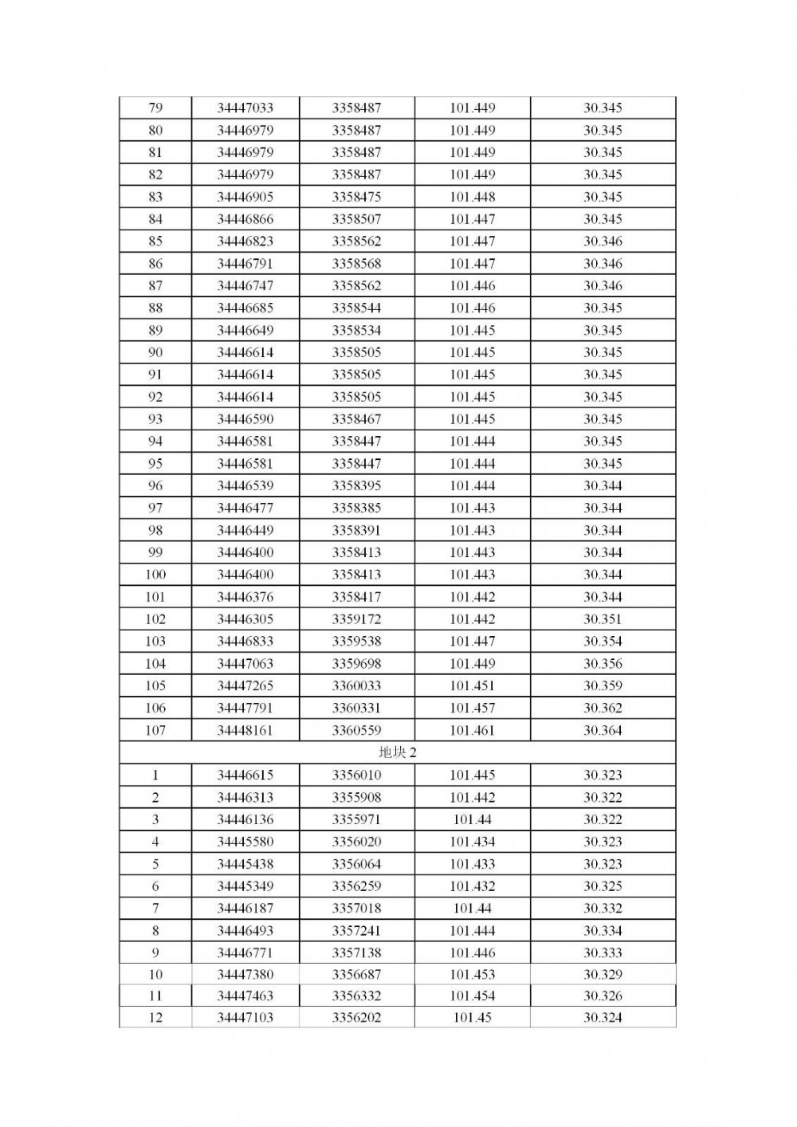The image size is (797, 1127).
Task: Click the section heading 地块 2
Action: pos(397,752)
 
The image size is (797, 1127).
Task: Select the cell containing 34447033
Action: pos(245,108)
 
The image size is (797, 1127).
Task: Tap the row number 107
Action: pos(155,730)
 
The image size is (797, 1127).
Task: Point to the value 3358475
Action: pos(356,197)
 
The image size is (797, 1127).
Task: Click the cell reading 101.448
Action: pos(472,197)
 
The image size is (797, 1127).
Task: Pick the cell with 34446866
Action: pos(245,219)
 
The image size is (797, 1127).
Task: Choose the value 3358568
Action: pos(356,264)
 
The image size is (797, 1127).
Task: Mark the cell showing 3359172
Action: pos(356,619)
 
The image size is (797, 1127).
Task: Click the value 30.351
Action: pos(603,619)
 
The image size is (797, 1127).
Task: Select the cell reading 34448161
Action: pos(245,730)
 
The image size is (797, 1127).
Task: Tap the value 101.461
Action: pos(472,730)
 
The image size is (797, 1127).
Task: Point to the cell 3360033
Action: pos(356,685)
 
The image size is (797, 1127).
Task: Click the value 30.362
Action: pos(603,708)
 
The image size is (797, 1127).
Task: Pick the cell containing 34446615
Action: pos(245,775)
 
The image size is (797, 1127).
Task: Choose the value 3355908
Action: pos(356,797)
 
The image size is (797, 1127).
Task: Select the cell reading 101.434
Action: pos(472,842)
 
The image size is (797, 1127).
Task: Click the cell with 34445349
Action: pos(245,886)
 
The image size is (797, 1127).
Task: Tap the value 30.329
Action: pos(603,974)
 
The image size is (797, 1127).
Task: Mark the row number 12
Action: pos(155,1018)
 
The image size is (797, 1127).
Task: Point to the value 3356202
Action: pos(356,1018)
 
